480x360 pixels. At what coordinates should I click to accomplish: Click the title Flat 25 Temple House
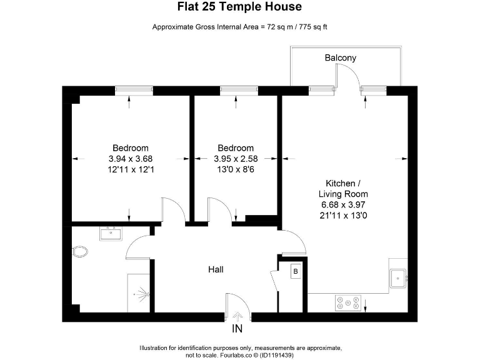240,7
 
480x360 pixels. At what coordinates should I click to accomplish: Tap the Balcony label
341,58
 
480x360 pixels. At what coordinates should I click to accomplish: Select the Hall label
216,269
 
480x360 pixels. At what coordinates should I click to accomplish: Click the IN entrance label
237,329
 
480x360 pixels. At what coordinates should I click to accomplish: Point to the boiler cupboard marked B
295,271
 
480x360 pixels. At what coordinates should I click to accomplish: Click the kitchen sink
398,278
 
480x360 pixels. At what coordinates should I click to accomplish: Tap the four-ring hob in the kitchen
348,302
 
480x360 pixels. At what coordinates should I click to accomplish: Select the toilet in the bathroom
80,252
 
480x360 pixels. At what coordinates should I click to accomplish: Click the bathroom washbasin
113,234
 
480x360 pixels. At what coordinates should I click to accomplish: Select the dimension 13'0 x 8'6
236,169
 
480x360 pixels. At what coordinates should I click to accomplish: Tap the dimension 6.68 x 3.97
341,204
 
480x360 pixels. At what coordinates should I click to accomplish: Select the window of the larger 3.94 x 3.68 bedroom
134,91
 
